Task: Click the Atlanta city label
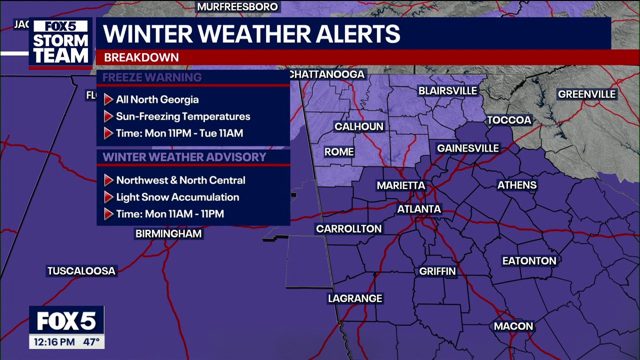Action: tap(419, 209)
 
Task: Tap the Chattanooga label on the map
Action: tap(327, 74)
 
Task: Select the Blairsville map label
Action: tap(448, 91)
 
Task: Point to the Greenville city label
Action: tap(586, 94)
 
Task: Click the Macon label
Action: tap(513, 326)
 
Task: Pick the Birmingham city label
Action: tap(168, 233)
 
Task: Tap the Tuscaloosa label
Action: tap(81, 271)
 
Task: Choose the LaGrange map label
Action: tap(355, 298)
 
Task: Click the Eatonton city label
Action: tap(529, 261)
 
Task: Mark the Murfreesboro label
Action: tap(237, 7)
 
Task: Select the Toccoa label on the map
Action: tap(509, 120)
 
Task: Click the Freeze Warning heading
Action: tap(152, 77)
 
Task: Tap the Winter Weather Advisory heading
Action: tap(184, 157)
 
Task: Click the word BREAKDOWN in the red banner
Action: tap(141, 57)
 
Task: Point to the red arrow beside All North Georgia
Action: tap(108, 99)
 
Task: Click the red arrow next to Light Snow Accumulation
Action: tap(108, 197)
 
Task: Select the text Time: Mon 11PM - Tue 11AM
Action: tap(179, 133)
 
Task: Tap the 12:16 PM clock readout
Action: tap(54, 342)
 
